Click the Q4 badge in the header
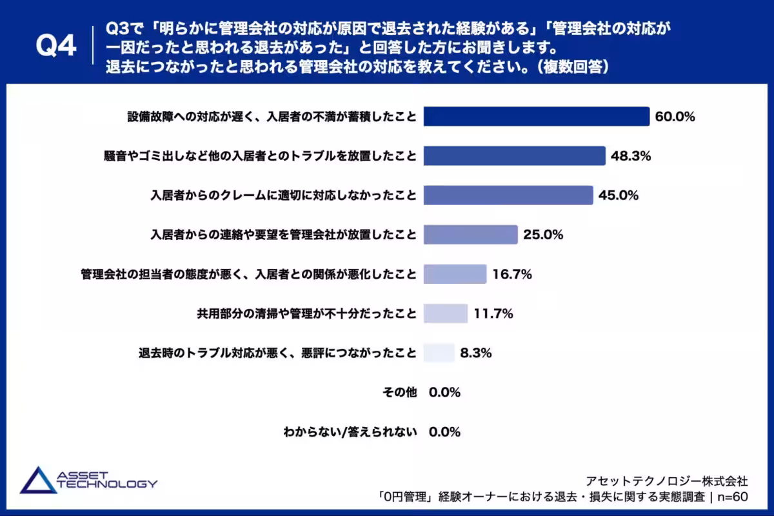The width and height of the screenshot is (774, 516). point(57,46)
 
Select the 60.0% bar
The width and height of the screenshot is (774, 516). point(536,116)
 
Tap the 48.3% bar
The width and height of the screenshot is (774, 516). point(514,155)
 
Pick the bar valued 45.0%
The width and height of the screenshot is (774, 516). point(508,195)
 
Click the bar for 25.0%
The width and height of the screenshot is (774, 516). point(470,234)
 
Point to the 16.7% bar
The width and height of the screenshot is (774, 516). point(455,274)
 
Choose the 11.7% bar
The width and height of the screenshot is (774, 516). point(445,313)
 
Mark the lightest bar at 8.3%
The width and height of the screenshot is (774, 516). point(439,353)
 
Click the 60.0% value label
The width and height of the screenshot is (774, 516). point(675,117)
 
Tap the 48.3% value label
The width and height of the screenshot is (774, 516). point(631,156)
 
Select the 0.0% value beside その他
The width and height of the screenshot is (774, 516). point(444,392)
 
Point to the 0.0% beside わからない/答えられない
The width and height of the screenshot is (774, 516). point(444,432)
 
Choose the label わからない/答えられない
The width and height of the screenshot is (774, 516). point(350,432)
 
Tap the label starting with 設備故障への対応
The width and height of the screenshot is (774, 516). point(271,117)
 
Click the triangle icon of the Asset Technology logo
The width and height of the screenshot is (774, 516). point(37,481)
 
